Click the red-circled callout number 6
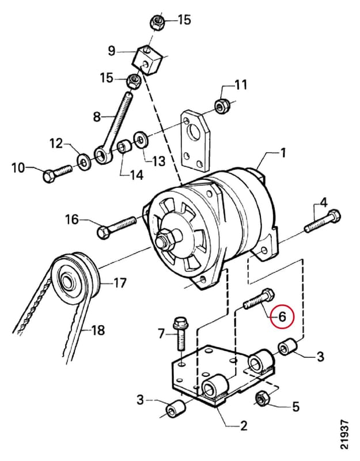coord(282,316)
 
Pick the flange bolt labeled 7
coord(180,333)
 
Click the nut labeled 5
coord(262,398)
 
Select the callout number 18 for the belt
coord(98,330)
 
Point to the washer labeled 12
coord(84,161)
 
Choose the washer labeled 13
coord(141,139)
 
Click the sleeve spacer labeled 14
coord(124,148)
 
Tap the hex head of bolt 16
coord(103,233)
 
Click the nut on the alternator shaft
coord(165,239)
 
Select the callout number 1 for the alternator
coord(282,153)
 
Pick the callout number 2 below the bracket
coord(244,426)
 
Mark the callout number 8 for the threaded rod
coord(97,118)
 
